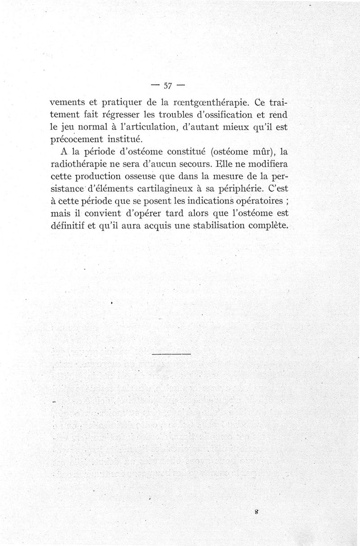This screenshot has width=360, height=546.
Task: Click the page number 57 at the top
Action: pos(169,85)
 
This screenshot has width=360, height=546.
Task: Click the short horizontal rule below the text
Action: pos(171,355)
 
